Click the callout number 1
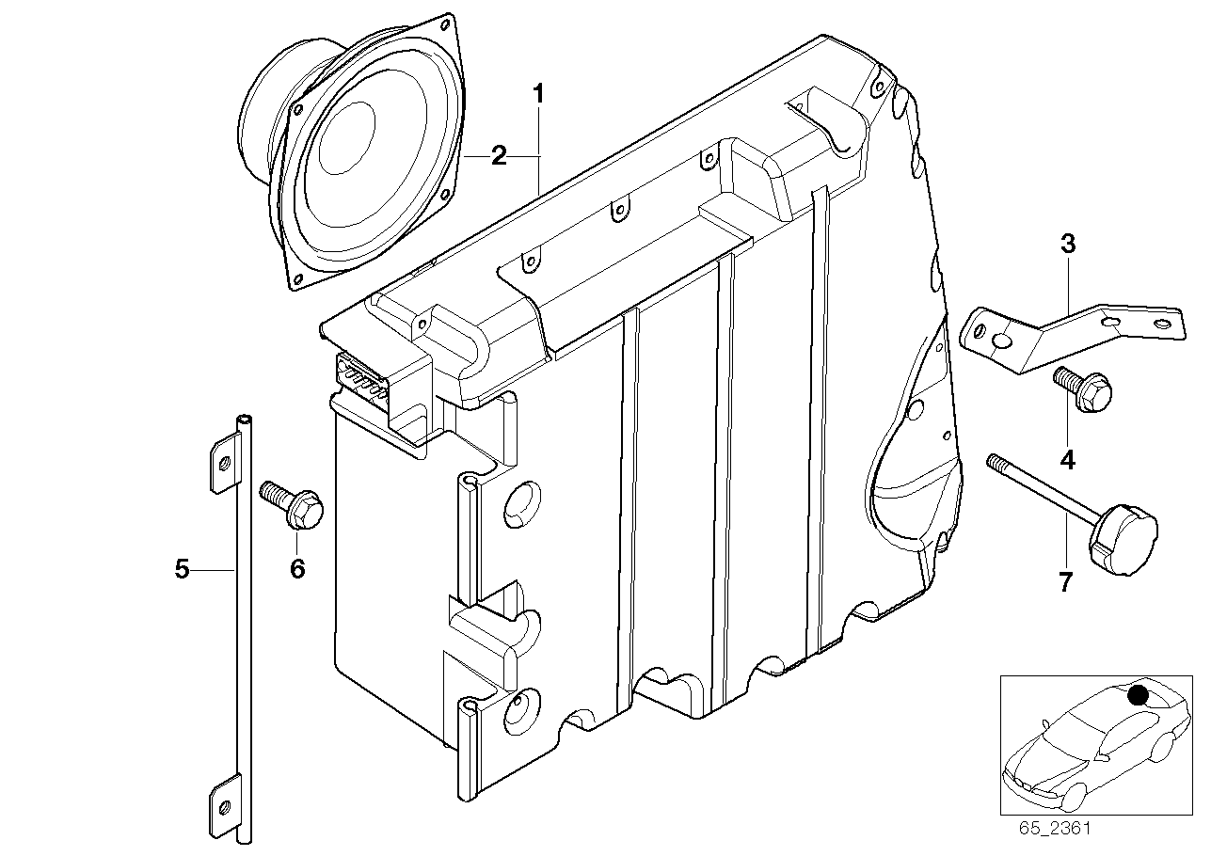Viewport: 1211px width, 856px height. (x=538, y=94)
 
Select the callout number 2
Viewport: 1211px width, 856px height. (x=498, y=156)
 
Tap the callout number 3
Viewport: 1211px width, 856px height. (x=1067, y=244)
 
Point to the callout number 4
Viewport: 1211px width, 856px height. (x=1067, y=460)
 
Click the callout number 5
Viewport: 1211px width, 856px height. (x=183, y=568)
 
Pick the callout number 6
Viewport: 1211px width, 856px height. (x=297, y=569)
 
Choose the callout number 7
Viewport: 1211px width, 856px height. (x=1065, y=583)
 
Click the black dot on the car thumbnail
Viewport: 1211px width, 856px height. (x=1138, y=695)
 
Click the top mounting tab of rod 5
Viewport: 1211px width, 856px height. (x=223, y=461)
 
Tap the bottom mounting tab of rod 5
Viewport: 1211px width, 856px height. (x=223, y=805)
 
